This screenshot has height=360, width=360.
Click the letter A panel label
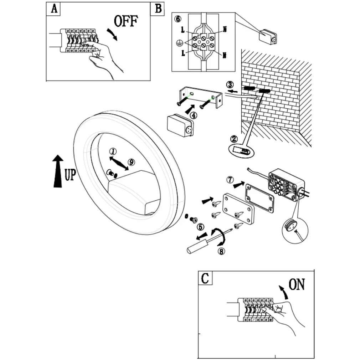(x=54, y=9)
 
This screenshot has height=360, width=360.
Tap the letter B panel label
(x=158, y=9)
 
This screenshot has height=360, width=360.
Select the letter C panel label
(x=205, y=278)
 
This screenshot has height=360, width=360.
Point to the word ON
(x=297, y=284)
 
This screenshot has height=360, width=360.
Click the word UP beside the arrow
(x=70, y=175)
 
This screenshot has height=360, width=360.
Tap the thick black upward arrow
(x=58, y=171)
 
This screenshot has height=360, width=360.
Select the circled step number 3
(x=230, y=85)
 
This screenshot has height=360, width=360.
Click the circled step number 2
(x=234, y=139)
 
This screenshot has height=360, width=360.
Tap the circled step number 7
(x=230, y=180)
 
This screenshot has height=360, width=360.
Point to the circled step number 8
(x=221, y=251)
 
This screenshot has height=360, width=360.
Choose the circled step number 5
(x=201, y=226)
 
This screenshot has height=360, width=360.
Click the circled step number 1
(x=113, y=151)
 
